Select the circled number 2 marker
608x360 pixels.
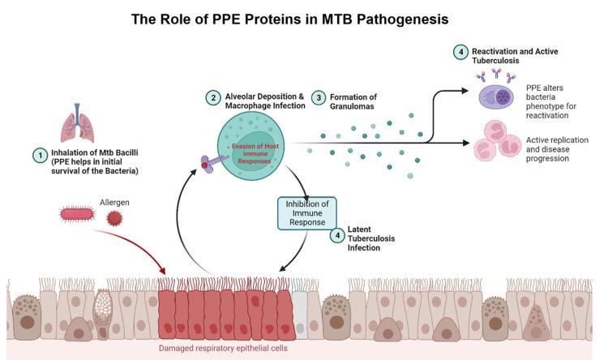click(x=212, y=98)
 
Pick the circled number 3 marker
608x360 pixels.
click(x=320, y=98)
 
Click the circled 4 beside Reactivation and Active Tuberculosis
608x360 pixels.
click(x=460, y=53)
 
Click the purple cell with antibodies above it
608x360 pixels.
click(x=497, y=96)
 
